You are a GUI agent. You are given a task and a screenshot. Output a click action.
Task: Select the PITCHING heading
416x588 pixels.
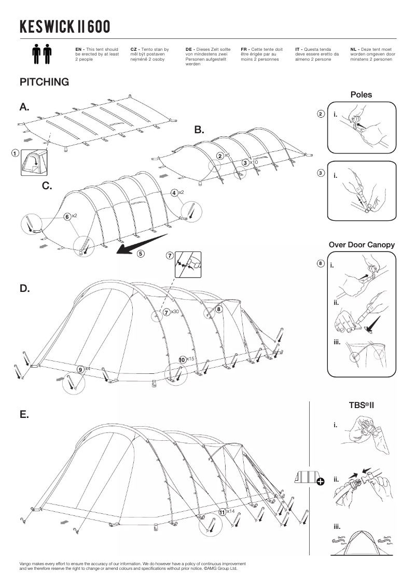pos(44,82)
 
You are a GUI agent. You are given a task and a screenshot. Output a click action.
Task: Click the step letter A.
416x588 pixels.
pos(24,107)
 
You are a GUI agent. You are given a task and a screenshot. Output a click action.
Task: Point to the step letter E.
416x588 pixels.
pos(24,415)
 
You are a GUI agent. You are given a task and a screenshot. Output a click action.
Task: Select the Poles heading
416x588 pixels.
pos(361,95)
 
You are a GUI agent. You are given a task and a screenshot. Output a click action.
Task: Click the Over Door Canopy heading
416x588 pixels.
pos(362,245)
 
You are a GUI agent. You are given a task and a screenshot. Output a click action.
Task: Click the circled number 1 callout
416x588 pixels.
pos(15,153)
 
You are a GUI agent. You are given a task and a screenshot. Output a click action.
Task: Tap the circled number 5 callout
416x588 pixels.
pos(141,254)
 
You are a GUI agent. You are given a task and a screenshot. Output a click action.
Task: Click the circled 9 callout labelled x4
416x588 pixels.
pos(81,369)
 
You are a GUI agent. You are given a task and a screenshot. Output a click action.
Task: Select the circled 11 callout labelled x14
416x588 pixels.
pos(223,512)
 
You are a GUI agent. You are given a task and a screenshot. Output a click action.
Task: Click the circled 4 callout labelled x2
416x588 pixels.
pos(174,193)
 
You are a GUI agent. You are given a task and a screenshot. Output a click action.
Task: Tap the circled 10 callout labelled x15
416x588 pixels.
pos(182,359)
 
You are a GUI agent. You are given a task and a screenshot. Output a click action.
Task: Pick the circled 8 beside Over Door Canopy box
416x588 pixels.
pos(321,263)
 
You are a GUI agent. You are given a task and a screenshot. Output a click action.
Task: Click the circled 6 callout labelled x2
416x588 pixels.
pos(67,216)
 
